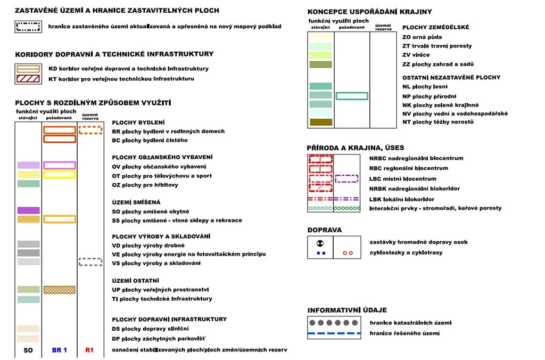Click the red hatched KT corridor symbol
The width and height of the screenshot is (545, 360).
click(x=28, y=78)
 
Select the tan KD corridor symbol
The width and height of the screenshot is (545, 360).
click(x=28, y=68)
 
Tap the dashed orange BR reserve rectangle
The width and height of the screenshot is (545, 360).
click(x=90, y=129)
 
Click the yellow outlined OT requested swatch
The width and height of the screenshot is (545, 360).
click(x=59, y=174)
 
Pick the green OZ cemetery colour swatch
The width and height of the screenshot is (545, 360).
click(x=28, y=184)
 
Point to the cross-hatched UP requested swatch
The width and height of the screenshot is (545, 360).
click(x=59, y=290)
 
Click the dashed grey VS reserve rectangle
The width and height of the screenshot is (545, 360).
click(x=90, y=261)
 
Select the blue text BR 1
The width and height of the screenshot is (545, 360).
click(x=59, y=350)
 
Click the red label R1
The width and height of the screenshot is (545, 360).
click(x=89, y=350)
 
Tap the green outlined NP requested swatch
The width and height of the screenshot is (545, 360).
click(x=352, y=96)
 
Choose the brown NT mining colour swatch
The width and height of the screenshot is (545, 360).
click(x=320, y=122)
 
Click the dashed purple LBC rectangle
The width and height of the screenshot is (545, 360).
click(x=346, y=178)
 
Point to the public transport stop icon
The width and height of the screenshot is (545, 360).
click(x=320, y=242)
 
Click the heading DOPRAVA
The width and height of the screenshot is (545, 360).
click(x=325, y=230)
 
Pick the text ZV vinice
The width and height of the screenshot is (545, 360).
click(x=416, y=55)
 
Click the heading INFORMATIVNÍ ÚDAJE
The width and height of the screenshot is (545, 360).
click(x=347, y=310)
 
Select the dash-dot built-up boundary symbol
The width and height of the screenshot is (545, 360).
click(x=28, y=27)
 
